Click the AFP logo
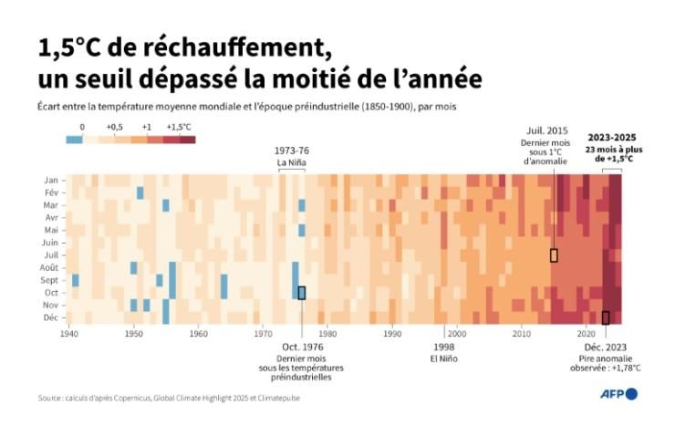618,394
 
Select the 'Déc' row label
51,317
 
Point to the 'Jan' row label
51,180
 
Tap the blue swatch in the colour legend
75,140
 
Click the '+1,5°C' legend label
179,127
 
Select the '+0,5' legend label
115,127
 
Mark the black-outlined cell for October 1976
302,293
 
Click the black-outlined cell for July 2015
554,254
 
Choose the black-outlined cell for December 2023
606,317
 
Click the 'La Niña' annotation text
291,162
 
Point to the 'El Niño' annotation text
445,358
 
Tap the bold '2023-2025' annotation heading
611,136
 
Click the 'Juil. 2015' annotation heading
546,130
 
